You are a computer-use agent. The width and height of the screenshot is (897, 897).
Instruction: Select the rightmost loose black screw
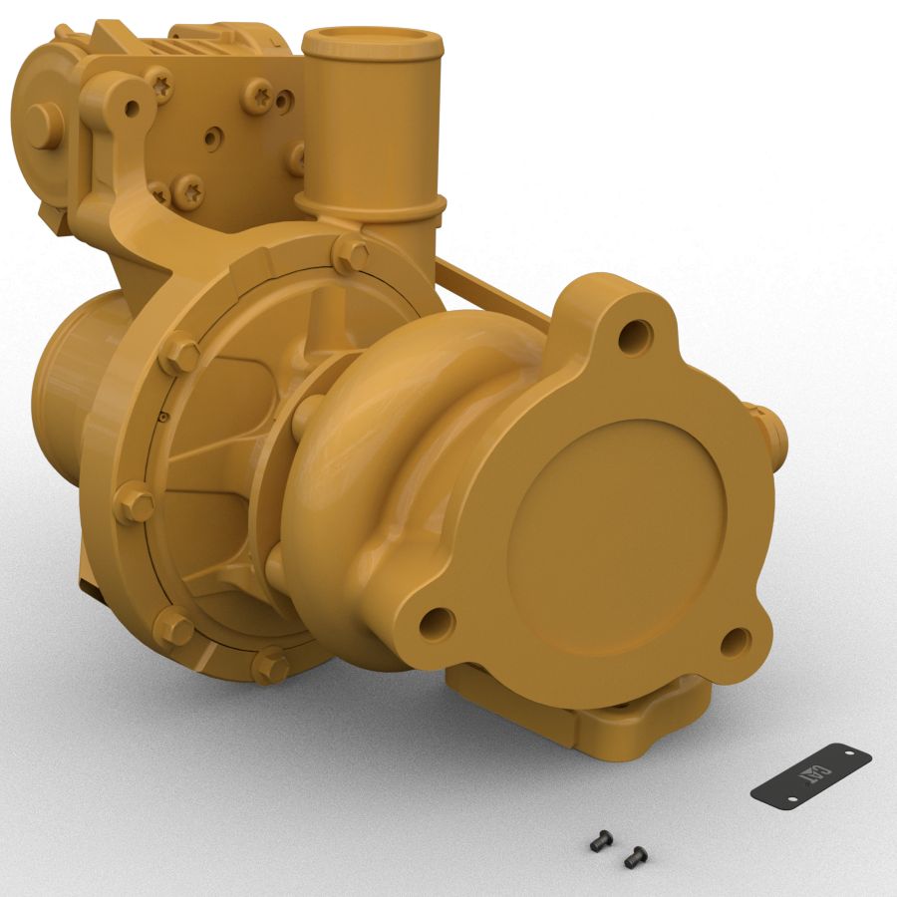634,854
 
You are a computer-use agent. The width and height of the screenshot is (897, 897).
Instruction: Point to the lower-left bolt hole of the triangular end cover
437,624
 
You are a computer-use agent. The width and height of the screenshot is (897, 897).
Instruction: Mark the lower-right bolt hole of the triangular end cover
735,642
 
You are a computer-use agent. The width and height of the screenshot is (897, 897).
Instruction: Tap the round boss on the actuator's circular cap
43,126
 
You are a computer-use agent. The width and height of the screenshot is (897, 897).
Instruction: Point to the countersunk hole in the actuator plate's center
210,137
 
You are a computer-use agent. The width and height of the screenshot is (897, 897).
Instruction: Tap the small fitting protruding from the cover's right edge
772,429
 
